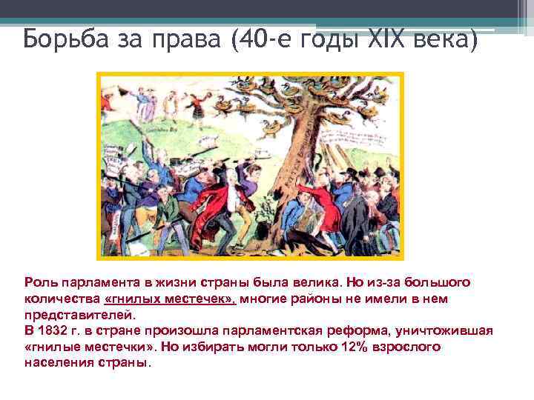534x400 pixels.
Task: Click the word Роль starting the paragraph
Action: pyautogui.click(x=39, y=283)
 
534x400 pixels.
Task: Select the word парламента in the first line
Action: pyautogui.click(x=98, y=283)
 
